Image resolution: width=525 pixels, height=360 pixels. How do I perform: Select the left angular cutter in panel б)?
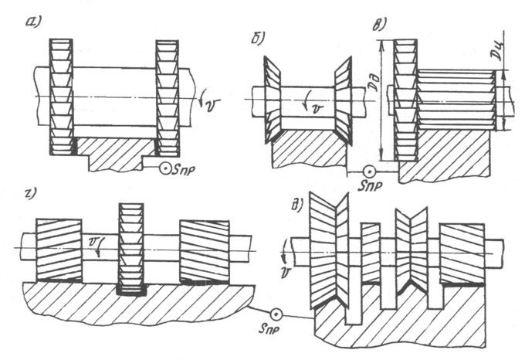click(266, 98)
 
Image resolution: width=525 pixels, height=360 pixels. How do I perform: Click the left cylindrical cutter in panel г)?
click(59, 248)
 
